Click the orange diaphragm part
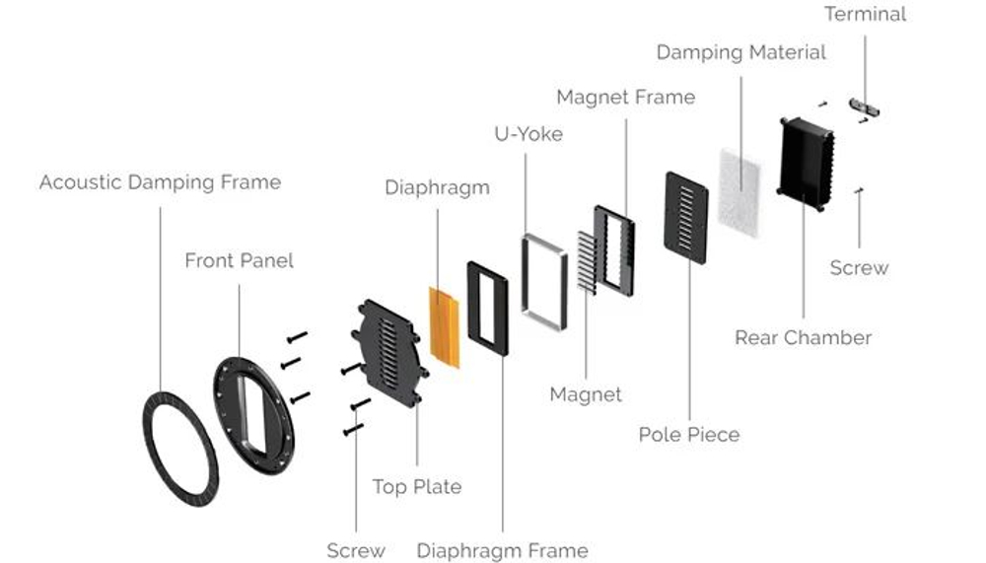(444, 327)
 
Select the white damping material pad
(740, 192)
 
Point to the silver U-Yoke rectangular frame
(526, 283)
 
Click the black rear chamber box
(807, 164)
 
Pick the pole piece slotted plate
(686, 218)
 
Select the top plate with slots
(388, 352)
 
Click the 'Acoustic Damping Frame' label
(161, 182)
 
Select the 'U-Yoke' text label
(528, 134)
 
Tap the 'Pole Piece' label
(689, 435)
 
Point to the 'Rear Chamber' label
(803, 338)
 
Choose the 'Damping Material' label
(740, 52)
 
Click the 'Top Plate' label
(417, 487)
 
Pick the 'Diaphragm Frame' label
(503, 551)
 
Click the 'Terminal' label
(866, 14)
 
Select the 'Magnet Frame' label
(626, 97)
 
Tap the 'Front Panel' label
(239, 260)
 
